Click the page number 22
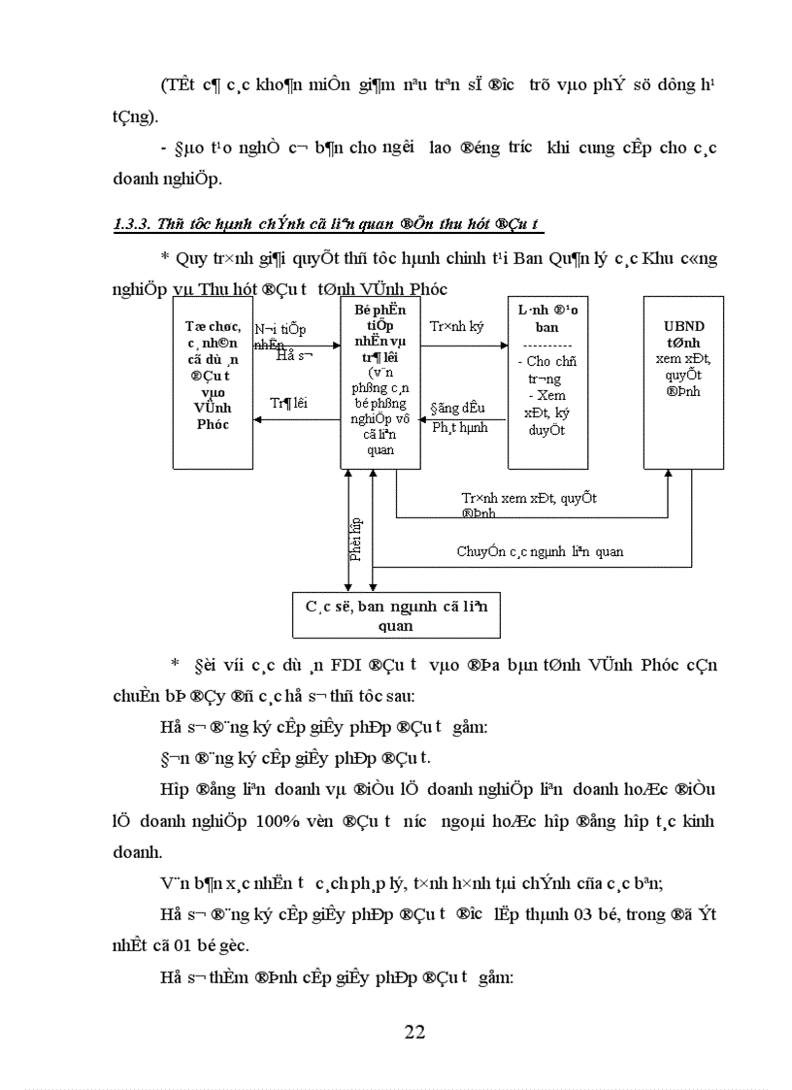414,1031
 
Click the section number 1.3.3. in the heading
133,225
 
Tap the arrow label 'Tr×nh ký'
456,327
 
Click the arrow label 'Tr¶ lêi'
288,403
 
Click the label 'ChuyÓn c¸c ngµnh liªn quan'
540,551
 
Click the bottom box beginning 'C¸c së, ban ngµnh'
396,616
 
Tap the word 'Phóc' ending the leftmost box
213,424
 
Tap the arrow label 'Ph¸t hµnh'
460,427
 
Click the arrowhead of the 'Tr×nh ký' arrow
503,344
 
